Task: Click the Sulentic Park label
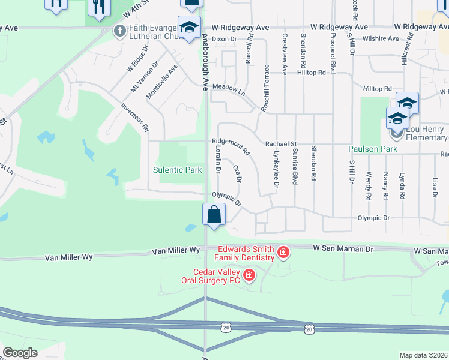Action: click(178, 170)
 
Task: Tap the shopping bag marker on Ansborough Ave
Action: click(214, 214)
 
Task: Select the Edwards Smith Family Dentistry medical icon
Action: click(283, 253)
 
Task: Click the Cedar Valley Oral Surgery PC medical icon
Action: click(249, 276)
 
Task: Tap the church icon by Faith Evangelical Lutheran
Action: click(119, 30)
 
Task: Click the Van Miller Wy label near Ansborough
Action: click(176, 250)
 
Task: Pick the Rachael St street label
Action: click(281, 144)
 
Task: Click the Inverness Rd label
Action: click(134, 117)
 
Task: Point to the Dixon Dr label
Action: click(224, 38)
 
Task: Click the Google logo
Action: click(20, 353)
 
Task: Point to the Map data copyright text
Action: click(424, 355)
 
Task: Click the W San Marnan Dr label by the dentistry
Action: click(343, 248)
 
